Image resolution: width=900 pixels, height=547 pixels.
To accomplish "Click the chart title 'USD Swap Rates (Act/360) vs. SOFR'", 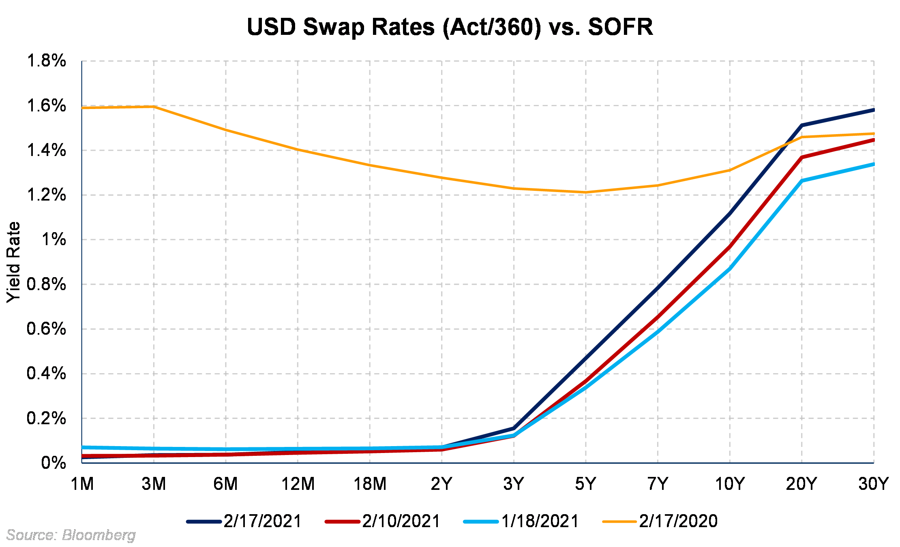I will click(450, 27).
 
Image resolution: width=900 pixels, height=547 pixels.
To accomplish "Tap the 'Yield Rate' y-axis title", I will click(13, 262).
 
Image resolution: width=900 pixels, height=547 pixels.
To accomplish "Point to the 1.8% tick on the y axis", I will click(46, 61).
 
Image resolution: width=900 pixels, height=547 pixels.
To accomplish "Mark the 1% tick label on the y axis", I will click(54, 239).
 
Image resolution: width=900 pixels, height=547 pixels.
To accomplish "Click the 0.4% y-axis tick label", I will click(46, 373).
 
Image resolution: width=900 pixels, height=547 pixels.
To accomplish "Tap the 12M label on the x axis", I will click(298, 484).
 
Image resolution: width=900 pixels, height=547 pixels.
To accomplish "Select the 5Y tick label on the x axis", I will click(585, 484).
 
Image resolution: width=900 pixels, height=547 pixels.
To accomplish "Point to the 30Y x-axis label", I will click(873, 484).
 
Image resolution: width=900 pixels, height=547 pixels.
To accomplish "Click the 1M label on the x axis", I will click(82, 484).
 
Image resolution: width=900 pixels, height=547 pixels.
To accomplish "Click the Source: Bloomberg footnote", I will click(71, 535).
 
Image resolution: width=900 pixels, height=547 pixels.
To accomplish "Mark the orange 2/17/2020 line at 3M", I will click(154, 107).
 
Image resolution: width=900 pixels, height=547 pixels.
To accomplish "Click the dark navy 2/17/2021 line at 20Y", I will click(801, 125).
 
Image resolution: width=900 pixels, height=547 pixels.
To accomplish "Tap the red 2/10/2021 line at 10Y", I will click(730, 247).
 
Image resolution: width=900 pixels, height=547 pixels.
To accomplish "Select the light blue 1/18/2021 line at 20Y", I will click(801, 181).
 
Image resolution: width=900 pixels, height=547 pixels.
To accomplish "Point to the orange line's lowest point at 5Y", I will click(585, 192).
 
